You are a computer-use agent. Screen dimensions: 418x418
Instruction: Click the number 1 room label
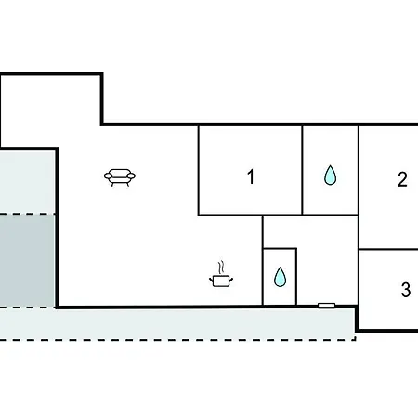pyautogui.click(x=251, y=176)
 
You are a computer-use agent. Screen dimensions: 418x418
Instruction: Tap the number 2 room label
pyautogui.click(x=402, y=179)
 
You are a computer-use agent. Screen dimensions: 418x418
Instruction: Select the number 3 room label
pyautogui.click(x=406, y=290)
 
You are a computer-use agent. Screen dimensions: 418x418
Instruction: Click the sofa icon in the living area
pyautogui.click(x=120, y=177)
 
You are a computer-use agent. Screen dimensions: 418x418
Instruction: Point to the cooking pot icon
pyautogui.click(x=221, y=275)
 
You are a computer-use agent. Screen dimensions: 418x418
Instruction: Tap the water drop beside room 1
pyautogui.click(x=330, y=176)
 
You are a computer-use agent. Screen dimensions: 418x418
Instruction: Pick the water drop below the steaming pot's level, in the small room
pyautogui.click(x=280, y=277)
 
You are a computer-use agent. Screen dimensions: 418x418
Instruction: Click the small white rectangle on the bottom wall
pyautogui.click(x=326, y=306)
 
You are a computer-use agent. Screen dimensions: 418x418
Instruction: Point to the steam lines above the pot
pyautogui.click(x=221, y=268)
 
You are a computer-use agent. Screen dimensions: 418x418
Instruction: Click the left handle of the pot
pyautogui.click(x=212, y=281)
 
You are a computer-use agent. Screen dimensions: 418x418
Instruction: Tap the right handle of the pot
pyautogui.click(x=231, y=281)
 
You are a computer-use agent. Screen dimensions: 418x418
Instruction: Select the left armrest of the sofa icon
pyautogui.click(x=108, y=176)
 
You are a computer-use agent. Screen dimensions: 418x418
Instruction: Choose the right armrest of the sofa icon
pyautogui.click(x=131, y=176)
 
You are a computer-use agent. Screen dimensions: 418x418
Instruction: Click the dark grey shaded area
pyautogui.click(x=27, y=261)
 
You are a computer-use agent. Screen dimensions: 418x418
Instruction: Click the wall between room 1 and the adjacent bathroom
pyautogui.click(x=302, y=170)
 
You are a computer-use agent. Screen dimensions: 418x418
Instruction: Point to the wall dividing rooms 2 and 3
pyautogui.click(x=388, y=249)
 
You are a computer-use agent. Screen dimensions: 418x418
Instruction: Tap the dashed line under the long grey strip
pyautogui.click(x=177, y=340)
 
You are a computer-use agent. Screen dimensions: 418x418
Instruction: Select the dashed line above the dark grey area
pyautogui.click(x=27, y=214)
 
